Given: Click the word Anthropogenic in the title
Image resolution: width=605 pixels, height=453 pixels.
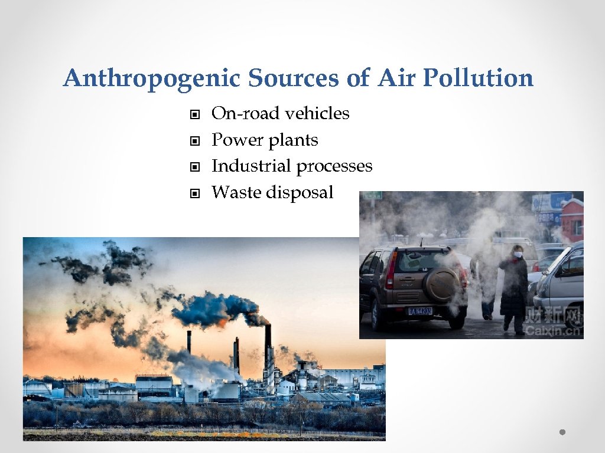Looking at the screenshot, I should point(152,78).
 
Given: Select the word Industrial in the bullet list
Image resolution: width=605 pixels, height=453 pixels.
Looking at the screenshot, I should point(251,166).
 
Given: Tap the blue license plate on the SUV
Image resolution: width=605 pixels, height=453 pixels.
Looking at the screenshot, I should point(419,311).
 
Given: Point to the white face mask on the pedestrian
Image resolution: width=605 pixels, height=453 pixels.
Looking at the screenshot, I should point(518,255).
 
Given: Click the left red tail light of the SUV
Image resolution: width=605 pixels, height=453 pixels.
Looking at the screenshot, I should point(390,278).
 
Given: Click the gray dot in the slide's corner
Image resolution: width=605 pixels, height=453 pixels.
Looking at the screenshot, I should point(562,432).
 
